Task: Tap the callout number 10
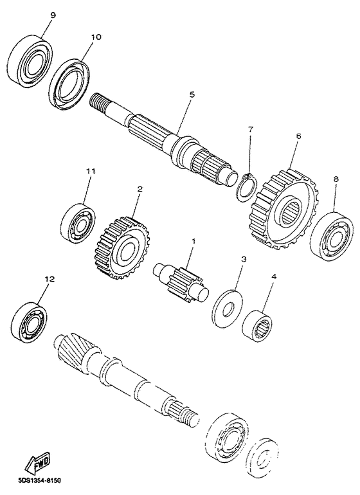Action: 96,37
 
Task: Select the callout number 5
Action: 192,94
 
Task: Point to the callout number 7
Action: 251,129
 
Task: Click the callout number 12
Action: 50,280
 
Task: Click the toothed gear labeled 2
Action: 120,247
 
